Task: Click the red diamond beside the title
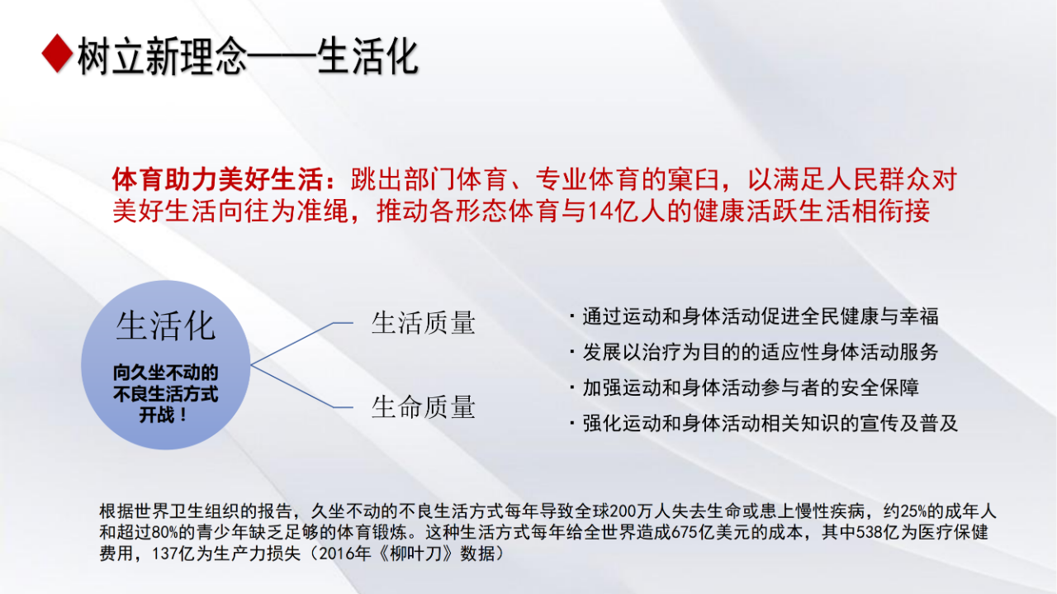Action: [x=57, y=54]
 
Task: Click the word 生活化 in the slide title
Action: [x=367, y=57]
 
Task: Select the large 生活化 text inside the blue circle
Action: [x=166, y=326]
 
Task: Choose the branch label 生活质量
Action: [x=424, y=324]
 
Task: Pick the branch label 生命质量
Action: [x=424, y=407]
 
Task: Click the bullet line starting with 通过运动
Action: [x=754, y=316]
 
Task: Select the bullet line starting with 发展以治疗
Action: [x=754, y=352]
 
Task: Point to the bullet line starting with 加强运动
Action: [x=744, y=387]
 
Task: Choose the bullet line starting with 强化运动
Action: [x=764, y=423]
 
